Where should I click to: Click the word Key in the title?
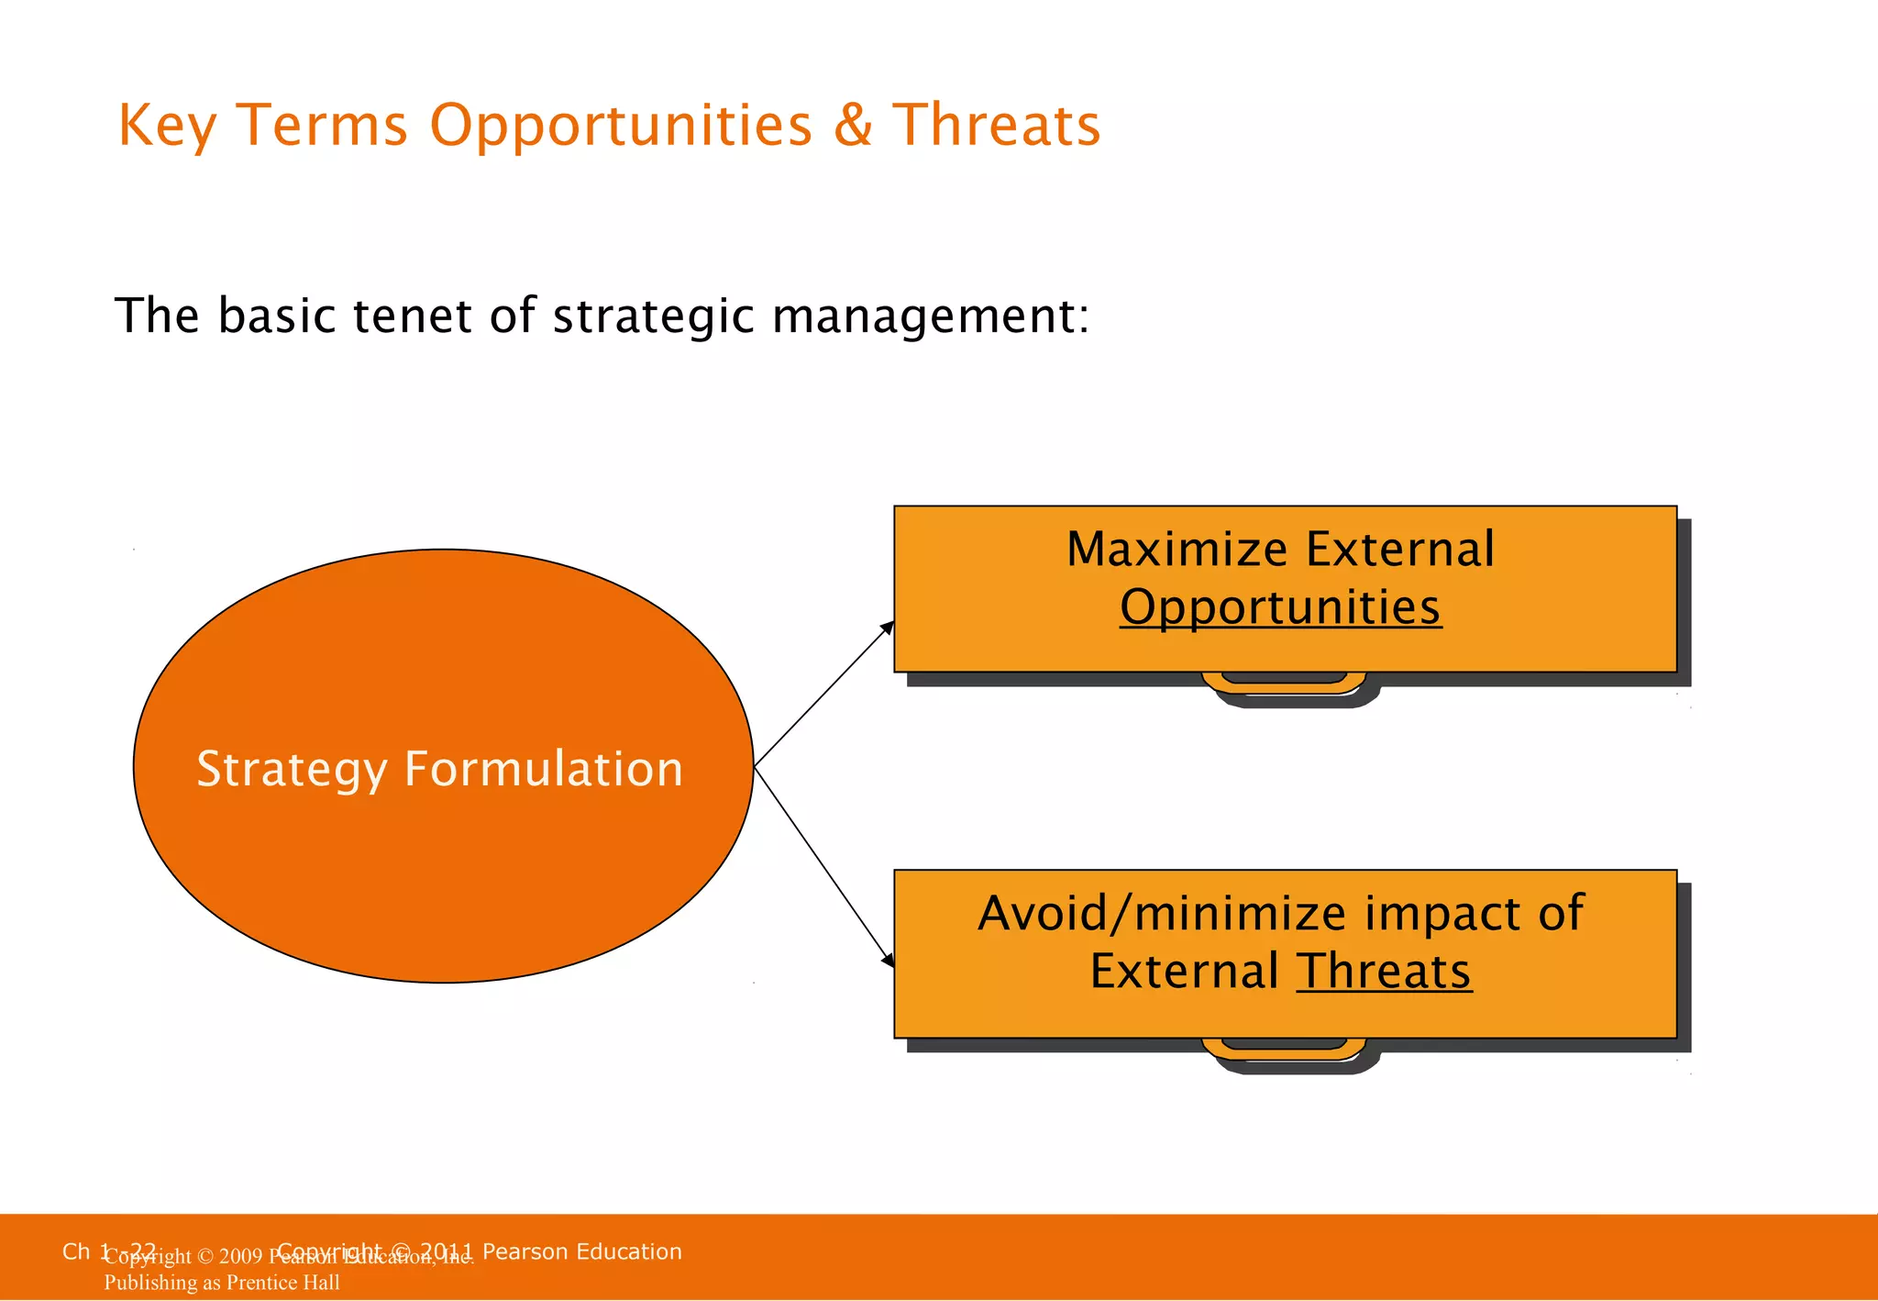(167, 126)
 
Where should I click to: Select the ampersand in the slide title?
(853, 126)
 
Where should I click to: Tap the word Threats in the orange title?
(996, 126)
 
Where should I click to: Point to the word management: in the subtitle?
(931, 317)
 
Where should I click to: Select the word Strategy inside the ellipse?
(292, 770)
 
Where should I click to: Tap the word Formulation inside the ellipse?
(544, 769)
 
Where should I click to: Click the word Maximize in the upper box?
(1177, 550)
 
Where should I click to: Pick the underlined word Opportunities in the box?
(1280, 608)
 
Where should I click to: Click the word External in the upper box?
(1399, 550)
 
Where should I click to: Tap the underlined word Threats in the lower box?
(1384, 972)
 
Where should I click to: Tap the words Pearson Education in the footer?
(581, 1251)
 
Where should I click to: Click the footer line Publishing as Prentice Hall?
(222, 1283)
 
